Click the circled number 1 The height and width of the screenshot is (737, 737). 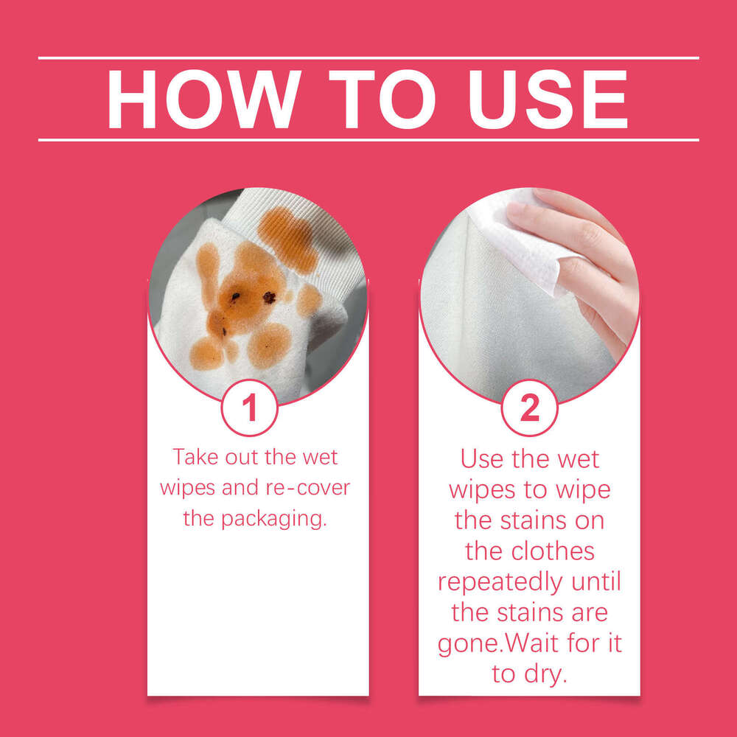tap(250, 408)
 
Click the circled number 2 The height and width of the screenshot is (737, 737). tap(529, 408)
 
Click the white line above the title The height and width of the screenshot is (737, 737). tap(368, 57)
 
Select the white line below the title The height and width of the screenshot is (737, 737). tap(368, 139)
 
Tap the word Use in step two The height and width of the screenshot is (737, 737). tap(484, 458)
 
